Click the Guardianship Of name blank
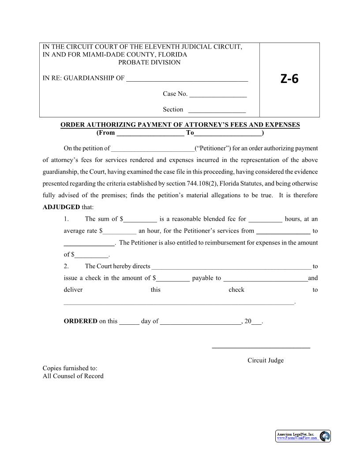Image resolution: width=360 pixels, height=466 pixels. coord(187,80)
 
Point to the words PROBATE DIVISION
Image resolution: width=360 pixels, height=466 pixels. coord(150,62)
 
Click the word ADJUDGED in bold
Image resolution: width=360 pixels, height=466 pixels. coord(61,207)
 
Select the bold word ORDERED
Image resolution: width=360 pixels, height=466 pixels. coord(80,321)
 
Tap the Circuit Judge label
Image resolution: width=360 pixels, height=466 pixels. coord(265,361)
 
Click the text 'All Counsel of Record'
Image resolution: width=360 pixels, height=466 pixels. coord(73,376)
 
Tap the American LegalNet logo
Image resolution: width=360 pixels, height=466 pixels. coord(303,436)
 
